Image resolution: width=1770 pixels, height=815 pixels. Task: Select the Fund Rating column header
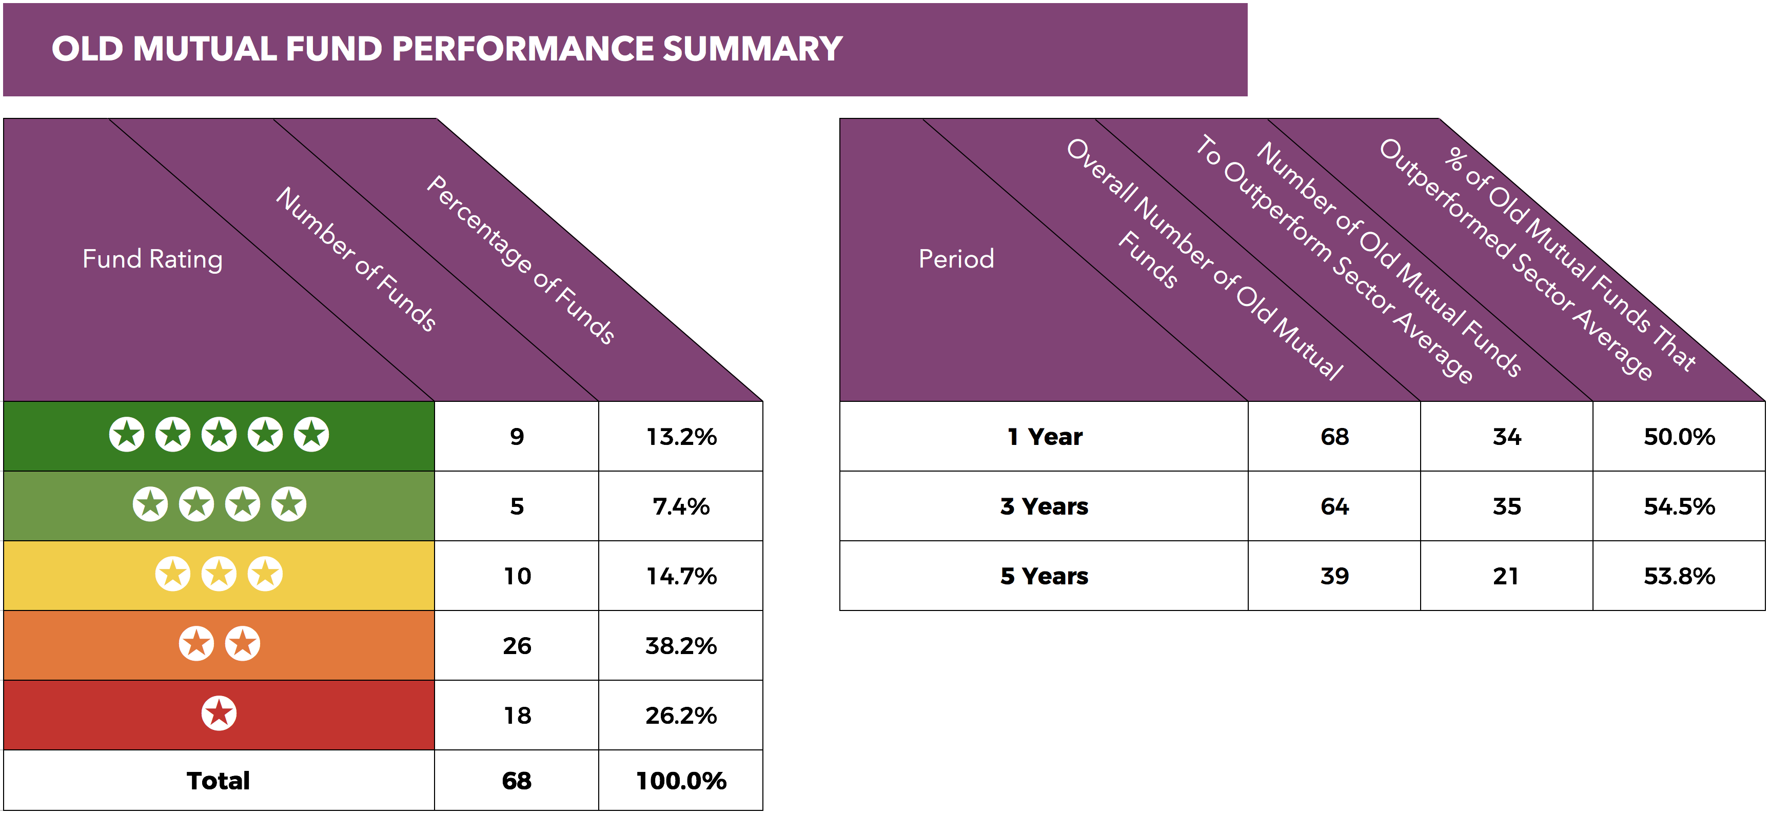point(152,259)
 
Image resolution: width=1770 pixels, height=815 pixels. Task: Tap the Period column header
point(956,259)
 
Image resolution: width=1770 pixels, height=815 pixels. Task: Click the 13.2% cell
point(681,437)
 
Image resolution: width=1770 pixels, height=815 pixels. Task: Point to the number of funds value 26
point(517,646)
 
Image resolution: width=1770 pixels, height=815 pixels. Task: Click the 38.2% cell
point(681,646)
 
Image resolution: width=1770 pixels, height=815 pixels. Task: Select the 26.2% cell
point(681,716)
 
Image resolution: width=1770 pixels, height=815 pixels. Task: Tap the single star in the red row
point(219,714)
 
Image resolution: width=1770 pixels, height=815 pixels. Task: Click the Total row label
point(219,781)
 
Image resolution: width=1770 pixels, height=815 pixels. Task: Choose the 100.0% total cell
point(681,781)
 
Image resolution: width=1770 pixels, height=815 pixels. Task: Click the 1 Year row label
point(1045,437)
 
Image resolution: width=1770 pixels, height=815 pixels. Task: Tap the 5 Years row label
point(1045,576)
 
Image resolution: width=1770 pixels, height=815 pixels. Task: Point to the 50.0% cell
point(1679,437)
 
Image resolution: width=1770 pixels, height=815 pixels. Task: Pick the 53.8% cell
point(1679,576)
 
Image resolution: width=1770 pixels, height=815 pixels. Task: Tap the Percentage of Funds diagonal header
point(520,259)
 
